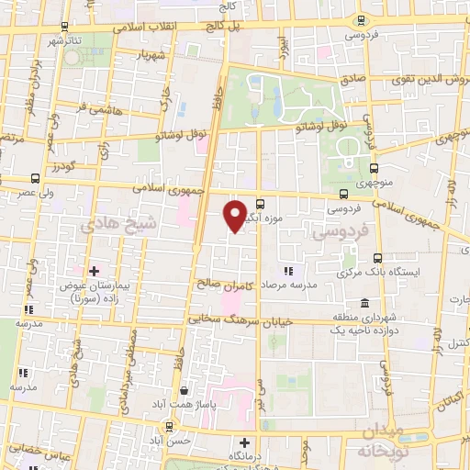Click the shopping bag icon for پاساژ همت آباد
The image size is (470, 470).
coord(186,388)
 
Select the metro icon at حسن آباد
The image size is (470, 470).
coord(169,426)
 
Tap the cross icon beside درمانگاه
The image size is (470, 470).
coord(243,442)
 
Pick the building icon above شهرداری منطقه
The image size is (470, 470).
coord(365,303)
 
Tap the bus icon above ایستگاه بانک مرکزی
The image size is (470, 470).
coord(376,258)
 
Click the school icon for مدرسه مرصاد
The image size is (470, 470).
coord(289,270)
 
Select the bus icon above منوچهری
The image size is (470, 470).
coord(375,168)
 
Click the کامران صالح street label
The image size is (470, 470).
coord(220,285)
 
